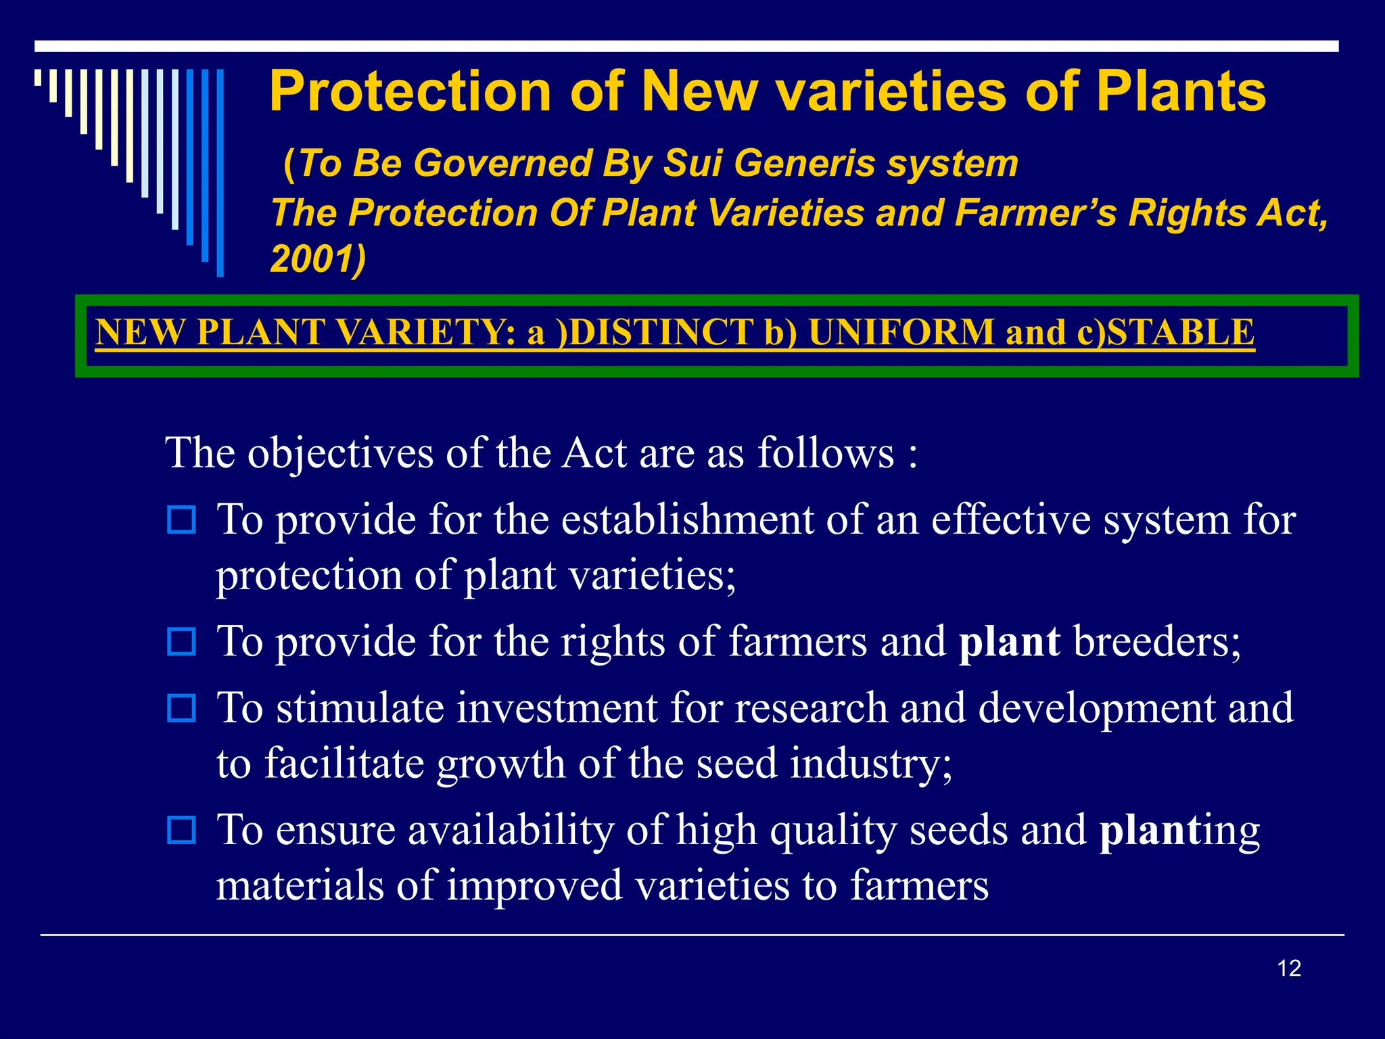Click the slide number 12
click(x=1289, y=969)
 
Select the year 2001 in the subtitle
click(x=312, y=258)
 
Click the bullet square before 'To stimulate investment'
click(x=181, y=708)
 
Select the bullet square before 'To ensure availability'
click(x=181, y=830)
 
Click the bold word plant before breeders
click(x=1009, y=641)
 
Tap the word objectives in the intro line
click(x=340, y=453)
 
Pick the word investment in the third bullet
click(x=557, y=708)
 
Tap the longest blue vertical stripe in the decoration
click(x=220, y=172)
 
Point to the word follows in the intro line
click(x=825, y=453)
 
